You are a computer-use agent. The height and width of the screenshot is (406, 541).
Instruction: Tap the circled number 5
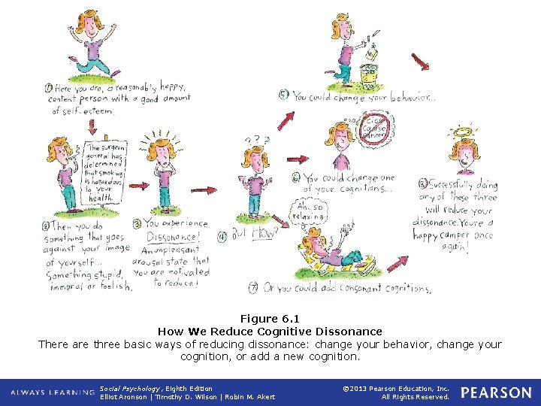click(283, 95)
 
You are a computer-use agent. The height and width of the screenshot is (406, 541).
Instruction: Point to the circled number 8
click(423, 183)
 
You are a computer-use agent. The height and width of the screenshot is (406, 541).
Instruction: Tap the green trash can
click(368, 75)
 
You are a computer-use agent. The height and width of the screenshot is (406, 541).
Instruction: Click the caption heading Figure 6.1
click(270, 318)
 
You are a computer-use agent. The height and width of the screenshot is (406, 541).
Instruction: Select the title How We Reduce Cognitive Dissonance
click(270, 331)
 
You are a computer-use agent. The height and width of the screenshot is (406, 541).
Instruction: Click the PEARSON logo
click(495, 392)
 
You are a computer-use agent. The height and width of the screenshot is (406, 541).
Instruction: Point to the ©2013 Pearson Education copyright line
click(395, 389)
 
